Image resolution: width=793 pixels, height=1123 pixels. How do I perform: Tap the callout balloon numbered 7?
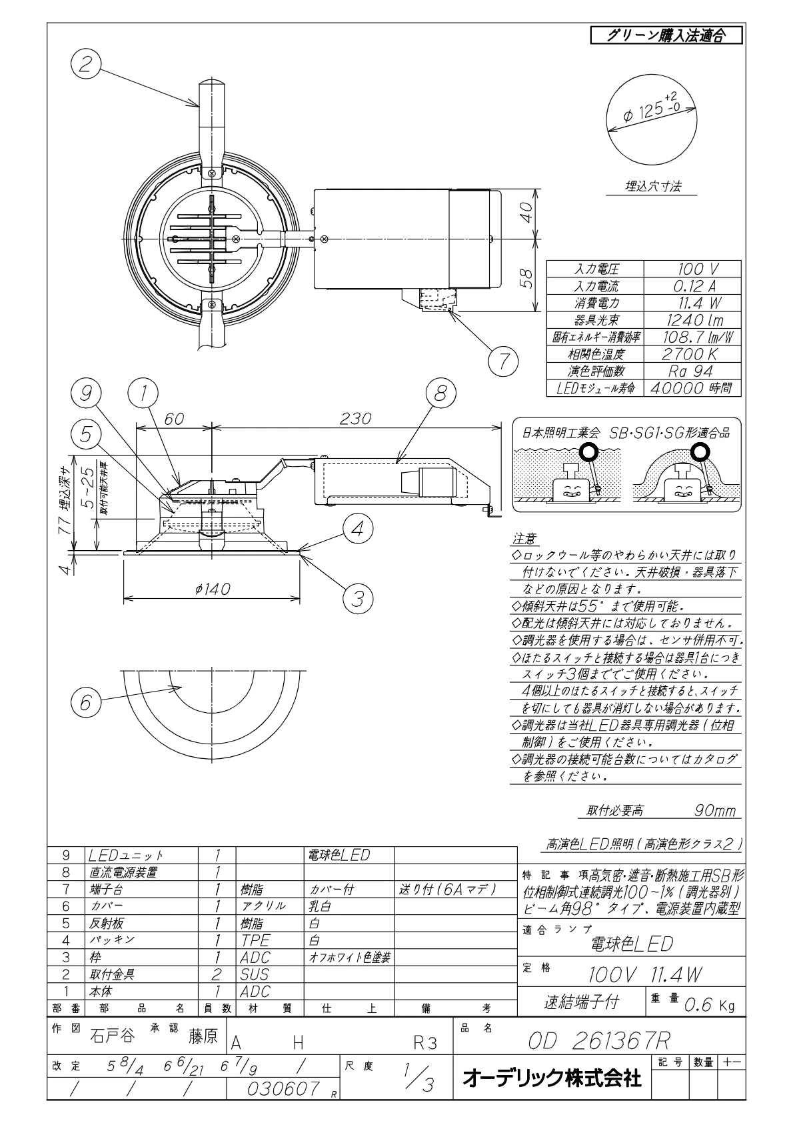coord(503,361)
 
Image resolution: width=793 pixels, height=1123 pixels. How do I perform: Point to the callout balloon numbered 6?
coord(86,702)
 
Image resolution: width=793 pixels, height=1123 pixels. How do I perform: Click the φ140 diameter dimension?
coord(213,589)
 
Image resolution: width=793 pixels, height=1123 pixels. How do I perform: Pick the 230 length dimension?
coord(355,419)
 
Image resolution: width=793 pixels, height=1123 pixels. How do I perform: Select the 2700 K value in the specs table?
coord(692,355)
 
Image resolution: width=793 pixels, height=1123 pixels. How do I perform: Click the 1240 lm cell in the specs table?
coord(692,320)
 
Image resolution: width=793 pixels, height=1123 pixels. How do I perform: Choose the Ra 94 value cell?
coord(692,371)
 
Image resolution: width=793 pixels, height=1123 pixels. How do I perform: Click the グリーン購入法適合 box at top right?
coord(666,35)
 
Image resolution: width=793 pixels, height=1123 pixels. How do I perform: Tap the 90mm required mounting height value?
coord(715,811)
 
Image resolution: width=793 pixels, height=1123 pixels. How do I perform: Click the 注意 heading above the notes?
coord(524,539)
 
